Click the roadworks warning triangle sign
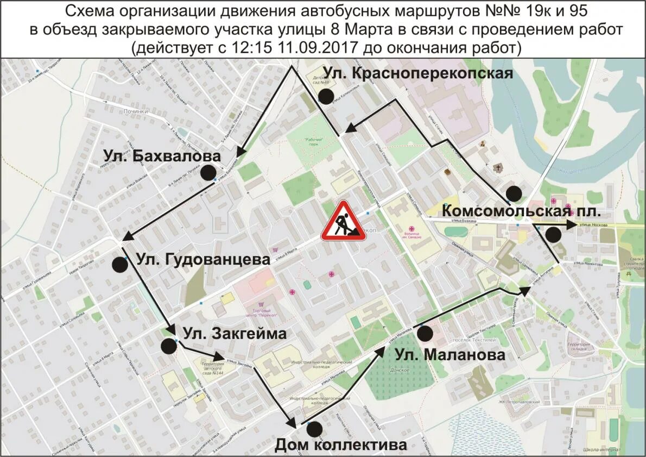point(343,221)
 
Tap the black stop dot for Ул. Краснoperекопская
point(326,96)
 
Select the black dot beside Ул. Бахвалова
point(207,173)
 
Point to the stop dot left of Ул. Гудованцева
point(120,265)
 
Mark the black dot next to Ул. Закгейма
point(169,346)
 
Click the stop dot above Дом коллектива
point(314,429)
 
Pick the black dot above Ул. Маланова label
point(425,333)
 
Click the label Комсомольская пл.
point(522,211)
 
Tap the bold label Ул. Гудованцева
point(202,259)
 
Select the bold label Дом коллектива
point(340,445)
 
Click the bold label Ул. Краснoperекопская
point(418,73)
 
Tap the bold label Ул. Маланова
point(450,355)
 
